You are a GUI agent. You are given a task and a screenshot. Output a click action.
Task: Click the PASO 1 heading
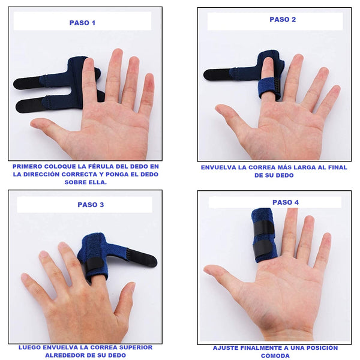click(82, 23)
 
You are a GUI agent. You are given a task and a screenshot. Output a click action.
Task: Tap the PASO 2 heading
click(283, 20)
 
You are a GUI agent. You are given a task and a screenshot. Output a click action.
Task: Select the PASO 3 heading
click(91, 205)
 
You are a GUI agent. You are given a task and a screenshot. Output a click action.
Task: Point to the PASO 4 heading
click(286, 202)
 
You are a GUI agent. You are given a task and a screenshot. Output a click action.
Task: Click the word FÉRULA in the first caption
click(103, 166)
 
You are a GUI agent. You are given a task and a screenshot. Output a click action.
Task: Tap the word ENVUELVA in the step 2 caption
click(218, 167)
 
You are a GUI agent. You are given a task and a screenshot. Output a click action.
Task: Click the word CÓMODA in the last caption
click(275, 356)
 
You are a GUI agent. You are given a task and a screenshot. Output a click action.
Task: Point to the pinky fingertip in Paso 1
click(149, 79)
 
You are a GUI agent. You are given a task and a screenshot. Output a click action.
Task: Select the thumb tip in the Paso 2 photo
click(219, 108)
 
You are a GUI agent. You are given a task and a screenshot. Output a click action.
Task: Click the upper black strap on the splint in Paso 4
click(264, 228)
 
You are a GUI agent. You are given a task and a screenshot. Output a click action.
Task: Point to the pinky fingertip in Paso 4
click(328, 237)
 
